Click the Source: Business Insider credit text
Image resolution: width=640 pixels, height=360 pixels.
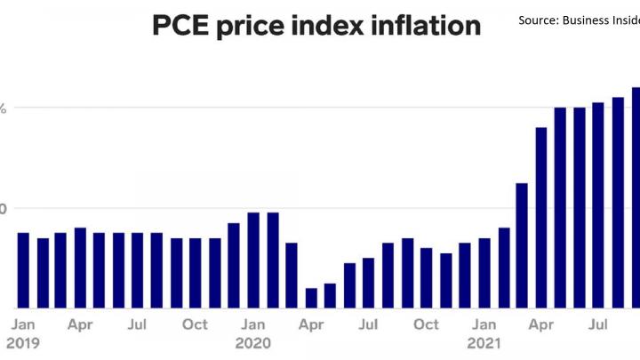(x=578, y=20)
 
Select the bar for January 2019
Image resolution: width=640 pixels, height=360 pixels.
(x=23, y=270)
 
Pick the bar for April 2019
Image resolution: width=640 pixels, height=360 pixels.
(x=80, y=268)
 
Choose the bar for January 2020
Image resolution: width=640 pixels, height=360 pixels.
(x=253, y=260)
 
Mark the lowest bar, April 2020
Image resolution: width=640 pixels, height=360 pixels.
(x=311, y=298)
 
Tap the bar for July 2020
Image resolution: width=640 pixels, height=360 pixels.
(x=368, y=283)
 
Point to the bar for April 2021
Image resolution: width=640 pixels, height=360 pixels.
(x=540, y=218)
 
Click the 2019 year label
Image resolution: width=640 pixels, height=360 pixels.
(x=23, y=341)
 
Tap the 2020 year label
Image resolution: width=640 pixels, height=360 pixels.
(x=252, y=341)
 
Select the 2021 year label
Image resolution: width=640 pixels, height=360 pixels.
(x=484, y=341)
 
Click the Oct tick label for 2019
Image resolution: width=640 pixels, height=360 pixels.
(x=195, y=324)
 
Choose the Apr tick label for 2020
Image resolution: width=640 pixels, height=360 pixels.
(x=311, y=324)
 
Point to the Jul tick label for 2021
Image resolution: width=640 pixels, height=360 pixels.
(x=598, y=324)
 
